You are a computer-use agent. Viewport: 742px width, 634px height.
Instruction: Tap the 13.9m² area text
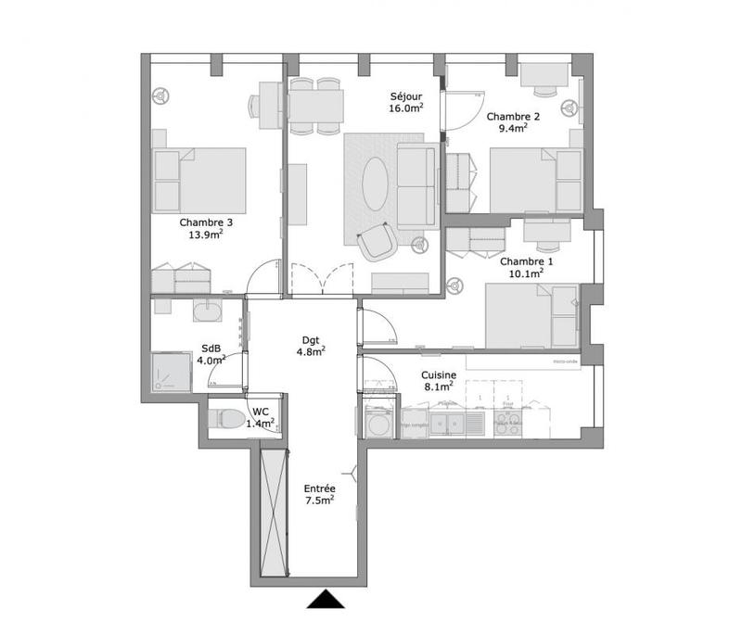pos(206,235)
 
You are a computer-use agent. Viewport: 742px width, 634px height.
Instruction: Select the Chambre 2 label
pos(513,116)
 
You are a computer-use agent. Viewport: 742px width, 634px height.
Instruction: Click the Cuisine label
pos(437,374)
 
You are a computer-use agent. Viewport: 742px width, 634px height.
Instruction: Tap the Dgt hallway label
pos(310,338)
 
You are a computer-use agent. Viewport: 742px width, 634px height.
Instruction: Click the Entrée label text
pos(319,488)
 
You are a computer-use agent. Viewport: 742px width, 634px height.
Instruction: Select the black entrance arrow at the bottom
pos(326,600)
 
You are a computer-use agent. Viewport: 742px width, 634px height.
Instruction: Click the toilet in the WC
pos(227,419)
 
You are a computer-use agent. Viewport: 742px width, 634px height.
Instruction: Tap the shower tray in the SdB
pos(171,372)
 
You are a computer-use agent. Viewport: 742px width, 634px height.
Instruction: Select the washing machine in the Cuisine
pos(378,422)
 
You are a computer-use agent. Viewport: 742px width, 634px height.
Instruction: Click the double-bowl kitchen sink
pos(452,424)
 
